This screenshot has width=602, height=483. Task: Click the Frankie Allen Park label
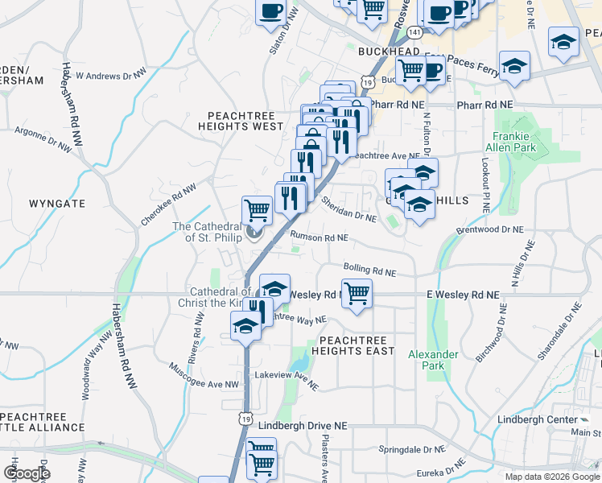pyautogui.click(x=510, y=142)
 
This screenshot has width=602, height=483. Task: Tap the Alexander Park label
pyautogui.click(x=433, y=360)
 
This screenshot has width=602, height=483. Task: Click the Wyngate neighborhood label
pyautogui.click(x=57, y=204)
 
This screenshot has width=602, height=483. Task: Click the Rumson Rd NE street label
pyautogui.click(x=319, y=238)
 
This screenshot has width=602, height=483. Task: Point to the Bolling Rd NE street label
pyautogui.click(x=369, y=271)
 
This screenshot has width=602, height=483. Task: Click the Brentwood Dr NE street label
pyautogui.click(x=489, y=229)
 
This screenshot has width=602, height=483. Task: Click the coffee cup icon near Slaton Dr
pyautogui.click(x=270, y=11)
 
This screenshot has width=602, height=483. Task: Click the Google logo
pyautogui.click(x=27, y=473)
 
